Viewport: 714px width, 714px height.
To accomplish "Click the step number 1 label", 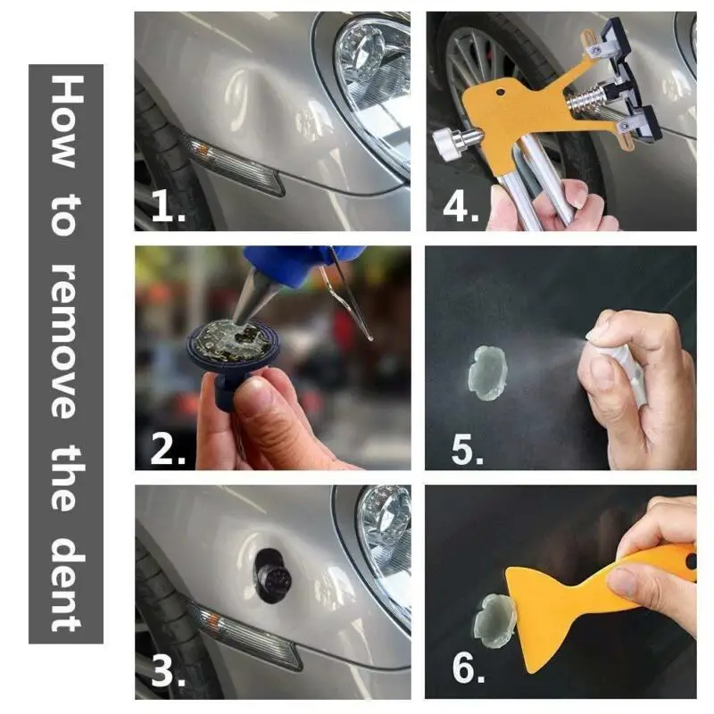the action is [x=168, y=206].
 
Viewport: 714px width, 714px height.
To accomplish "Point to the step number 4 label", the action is [x=461, y=206].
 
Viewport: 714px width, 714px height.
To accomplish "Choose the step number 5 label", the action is [x=467, y=450].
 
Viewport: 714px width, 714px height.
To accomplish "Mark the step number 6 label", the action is [x=468, y=668].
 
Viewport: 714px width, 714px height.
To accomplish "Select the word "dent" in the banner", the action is [x=67, y=584].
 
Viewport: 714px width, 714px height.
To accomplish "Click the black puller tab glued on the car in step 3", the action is [x=272, y=576].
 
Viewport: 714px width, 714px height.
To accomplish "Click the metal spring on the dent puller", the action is [x=586, y=99].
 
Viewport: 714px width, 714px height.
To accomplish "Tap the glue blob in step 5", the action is [x=487, y=373].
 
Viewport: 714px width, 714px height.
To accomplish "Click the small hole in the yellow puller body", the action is [x=500, y=93].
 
